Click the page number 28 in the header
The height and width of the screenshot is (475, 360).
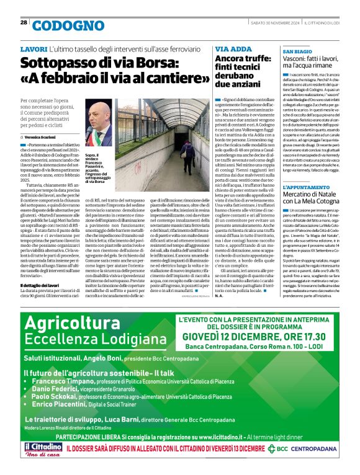(24, 22)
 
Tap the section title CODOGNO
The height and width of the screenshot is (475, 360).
(68, 25)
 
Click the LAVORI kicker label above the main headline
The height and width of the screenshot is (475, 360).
(34, 49)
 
